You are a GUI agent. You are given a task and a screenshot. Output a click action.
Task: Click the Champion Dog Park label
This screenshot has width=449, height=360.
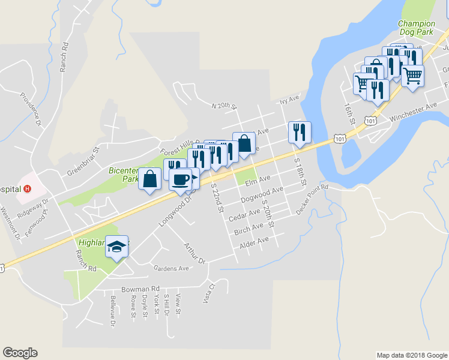tap(417, 28)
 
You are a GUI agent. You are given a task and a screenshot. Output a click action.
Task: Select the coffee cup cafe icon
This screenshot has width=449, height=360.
tap(180, 179)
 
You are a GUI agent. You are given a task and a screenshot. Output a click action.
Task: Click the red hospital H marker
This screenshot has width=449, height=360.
tap(27, 188)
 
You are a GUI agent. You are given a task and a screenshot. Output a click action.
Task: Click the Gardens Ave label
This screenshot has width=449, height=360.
tap(171, 268)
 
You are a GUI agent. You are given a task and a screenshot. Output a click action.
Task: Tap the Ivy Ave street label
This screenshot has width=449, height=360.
tap(289, 100)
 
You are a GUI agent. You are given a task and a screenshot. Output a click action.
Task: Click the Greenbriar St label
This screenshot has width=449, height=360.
tap(82, 160)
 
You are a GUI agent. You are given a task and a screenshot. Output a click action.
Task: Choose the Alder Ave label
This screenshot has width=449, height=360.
tap(255, 242)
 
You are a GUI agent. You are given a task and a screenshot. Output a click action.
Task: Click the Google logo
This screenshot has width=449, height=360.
tap(20, 353)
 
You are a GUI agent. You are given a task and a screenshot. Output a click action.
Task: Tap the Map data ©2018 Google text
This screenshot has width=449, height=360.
tap(411, 355)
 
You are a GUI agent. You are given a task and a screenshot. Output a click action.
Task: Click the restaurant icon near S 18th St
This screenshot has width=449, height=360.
tap(298, 132)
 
